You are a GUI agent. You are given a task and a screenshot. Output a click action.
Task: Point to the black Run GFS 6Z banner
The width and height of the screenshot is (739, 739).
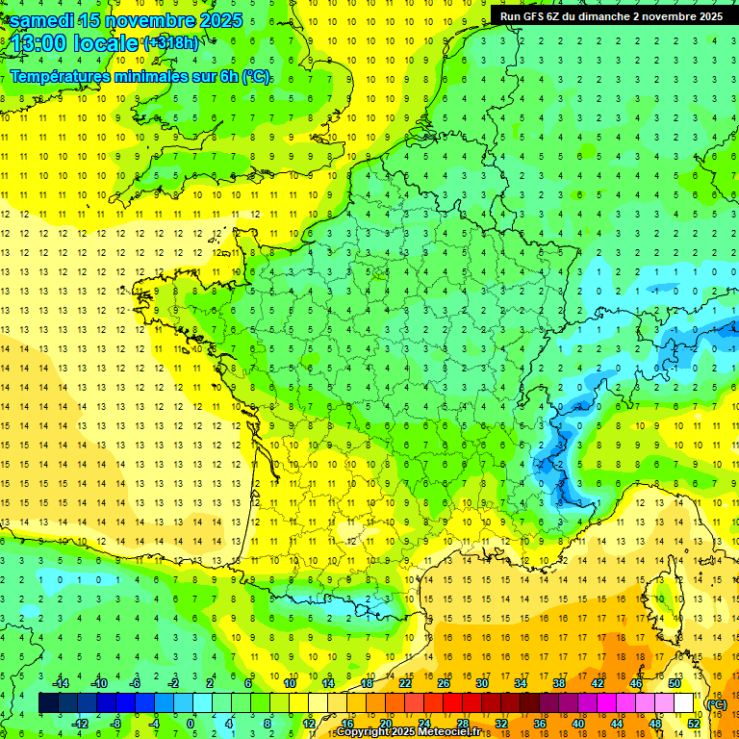coord(611,15)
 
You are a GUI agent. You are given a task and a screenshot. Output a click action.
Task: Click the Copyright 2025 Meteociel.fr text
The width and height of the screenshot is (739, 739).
coord(408,732)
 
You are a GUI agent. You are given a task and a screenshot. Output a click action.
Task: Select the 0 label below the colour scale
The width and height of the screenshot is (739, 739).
coord(191,724)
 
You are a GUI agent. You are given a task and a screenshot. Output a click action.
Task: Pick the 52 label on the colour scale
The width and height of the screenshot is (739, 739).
coord(694,724)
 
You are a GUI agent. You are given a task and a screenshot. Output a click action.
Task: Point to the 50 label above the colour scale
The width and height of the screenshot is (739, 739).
coord(675,683)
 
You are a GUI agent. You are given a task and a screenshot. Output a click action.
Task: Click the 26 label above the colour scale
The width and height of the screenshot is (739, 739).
coord(444,683)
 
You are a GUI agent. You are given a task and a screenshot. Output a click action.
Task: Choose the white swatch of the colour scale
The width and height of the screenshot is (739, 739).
coord(684,703)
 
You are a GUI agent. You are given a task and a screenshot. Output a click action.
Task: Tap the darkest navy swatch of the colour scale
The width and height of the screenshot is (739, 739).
coord(48,703)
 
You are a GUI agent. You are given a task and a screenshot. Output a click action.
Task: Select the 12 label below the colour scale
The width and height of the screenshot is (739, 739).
coord(309,724)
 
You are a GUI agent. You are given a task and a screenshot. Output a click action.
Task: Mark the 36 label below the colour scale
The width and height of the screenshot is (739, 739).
coord(540,724)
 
